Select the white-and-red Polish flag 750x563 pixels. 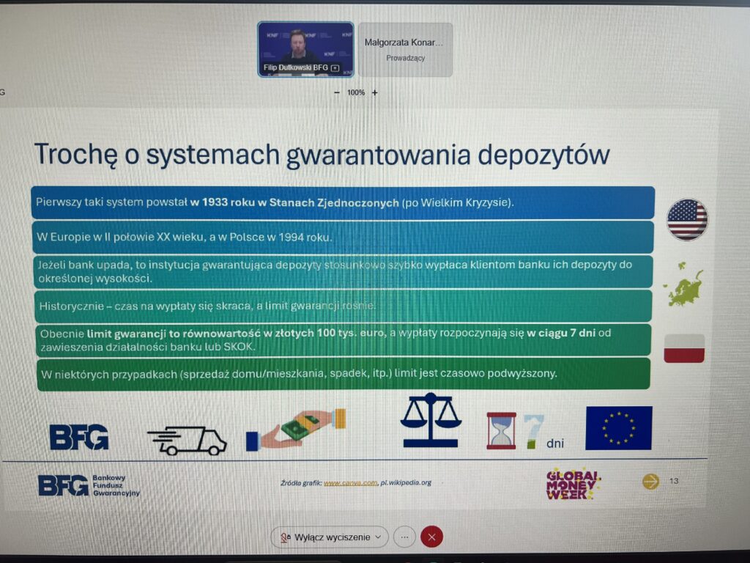(684, 348)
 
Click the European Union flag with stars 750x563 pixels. (618, 427)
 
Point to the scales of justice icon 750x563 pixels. (431, 420)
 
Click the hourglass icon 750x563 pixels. (501, 430)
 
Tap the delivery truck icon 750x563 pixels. (187, 441)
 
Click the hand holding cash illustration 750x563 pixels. (296, 429)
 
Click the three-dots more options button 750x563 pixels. (404, 537)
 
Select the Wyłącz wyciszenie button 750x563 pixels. (330, 537)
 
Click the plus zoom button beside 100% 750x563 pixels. (374, 92)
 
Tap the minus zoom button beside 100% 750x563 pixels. (337, 92)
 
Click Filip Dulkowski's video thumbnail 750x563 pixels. (305, 49)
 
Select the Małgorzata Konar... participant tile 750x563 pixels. (406, 49)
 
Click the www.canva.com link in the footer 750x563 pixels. (351, 482)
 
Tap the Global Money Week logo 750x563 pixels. (573, 484)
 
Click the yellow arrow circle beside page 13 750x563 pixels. (650, 481)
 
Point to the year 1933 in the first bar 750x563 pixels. (215, 202)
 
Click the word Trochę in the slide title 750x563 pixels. (75, 154)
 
